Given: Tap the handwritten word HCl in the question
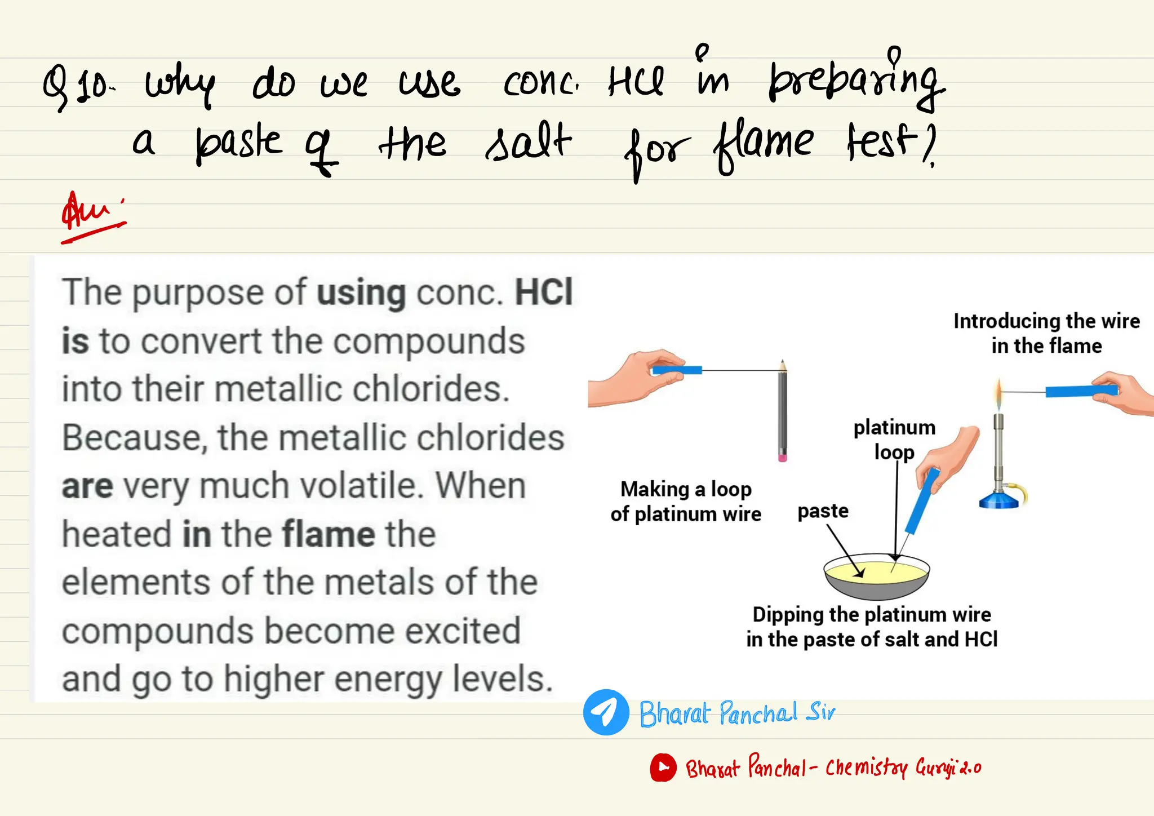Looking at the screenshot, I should pos(636,82).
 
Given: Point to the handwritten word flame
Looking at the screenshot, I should pos(764,144).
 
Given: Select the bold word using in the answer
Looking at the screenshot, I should pos(361,293).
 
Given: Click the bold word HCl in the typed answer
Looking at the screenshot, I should pos(544,292).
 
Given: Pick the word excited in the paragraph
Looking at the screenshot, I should pos(463,631).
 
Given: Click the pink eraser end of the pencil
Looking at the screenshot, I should pos(782,457).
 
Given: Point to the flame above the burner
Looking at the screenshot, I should pos(999,393).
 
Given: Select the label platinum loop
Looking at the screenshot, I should pos(894,440).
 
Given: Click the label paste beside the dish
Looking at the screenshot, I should pos(823,511).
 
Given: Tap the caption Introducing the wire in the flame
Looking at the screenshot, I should pos(1046,333).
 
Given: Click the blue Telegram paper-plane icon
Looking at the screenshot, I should pos(606,712).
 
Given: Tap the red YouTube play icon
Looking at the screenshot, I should pos(663,767).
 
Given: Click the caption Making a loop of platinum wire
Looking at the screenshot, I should pos(686,502).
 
